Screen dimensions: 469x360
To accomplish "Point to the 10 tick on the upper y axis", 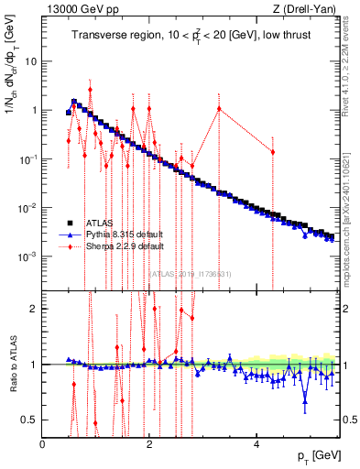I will [x=31, y=61].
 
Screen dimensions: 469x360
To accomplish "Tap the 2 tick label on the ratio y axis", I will [x=34, y=309].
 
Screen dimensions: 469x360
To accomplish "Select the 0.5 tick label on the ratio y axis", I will [x=30, y=420].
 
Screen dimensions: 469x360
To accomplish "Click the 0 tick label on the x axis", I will [x=43, y=444].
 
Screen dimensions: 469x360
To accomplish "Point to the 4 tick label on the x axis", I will [x=256, y=444].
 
